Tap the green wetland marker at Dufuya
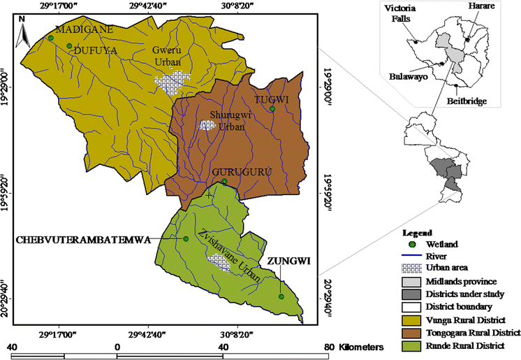point(69,46)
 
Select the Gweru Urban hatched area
point(172,83)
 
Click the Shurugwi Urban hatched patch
point(207,126)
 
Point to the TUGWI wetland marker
point(273,109)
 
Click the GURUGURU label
point(224,171)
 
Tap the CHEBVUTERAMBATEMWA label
point(93,239)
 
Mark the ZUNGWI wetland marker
point(281,297)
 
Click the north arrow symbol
point(23,28)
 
